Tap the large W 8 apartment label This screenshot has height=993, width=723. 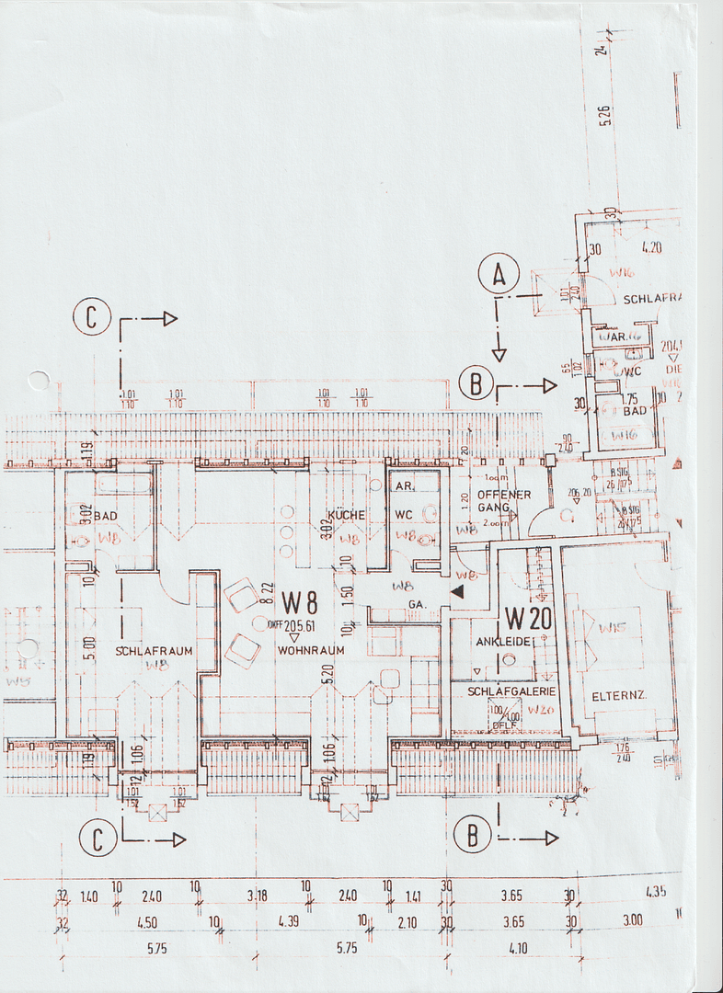pyautogui.click(x=301, y=602)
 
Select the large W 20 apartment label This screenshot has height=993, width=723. pyautogui.click(x=528, y=618)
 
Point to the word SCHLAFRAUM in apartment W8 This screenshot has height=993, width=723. pyautogui.click(x=155, y=651)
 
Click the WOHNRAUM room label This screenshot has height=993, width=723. pyautogui.click(x=311, y=650)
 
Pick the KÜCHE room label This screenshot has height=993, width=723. pyautogui.click(x=346, y=516)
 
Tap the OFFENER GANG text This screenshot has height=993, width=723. pyautogui.click(x=503, y=501)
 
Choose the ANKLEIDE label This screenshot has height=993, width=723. pyautogui.click(x=502, y=640)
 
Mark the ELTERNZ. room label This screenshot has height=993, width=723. pyautogui.click(x=620, y=695)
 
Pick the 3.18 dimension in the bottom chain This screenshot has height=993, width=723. pyautogui.click(x=258, y=895)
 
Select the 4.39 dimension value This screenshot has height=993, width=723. pyautogui.click(x=291, y=921)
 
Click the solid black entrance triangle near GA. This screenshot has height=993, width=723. pyautogui.click(x=456, y=594)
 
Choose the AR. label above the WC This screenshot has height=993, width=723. pyautogui.click(x=402, y=485)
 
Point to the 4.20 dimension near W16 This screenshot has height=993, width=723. pyautogui.click(x=651, y=246)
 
